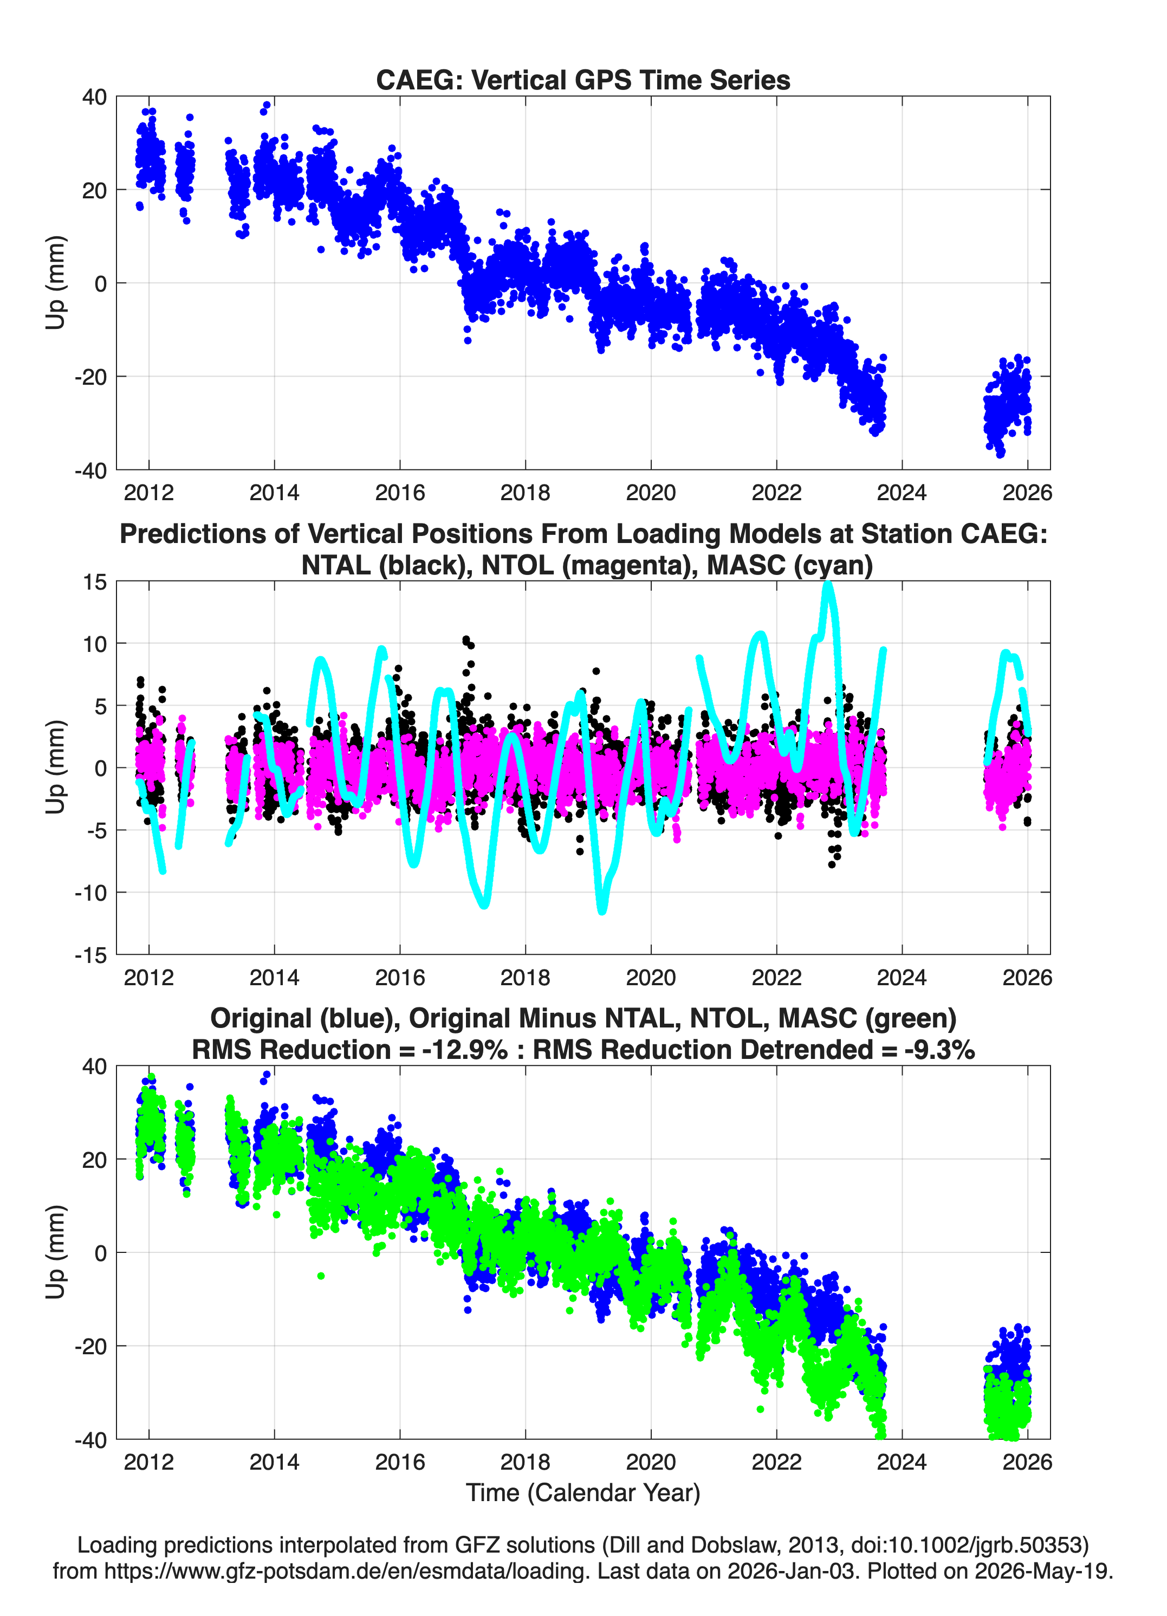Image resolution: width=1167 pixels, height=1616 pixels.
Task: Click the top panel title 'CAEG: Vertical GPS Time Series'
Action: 583,80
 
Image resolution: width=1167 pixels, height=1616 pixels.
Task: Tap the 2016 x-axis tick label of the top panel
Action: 400,493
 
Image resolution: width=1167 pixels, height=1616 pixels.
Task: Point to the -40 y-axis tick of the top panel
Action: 90,470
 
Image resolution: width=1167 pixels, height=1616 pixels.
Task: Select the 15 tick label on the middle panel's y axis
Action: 95,582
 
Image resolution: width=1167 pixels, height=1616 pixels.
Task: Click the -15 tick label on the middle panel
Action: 90,955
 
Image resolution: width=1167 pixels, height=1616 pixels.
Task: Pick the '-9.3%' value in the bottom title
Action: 940,1050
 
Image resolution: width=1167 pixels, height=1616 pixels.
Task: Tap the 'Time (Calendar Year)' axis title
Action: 583,1493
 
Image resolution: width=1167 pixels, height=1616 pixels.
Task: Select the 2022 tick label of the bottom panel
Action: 776,1462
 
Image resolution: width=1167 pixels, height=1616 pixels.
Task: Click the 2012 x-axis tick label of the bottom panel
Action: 149,1462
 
